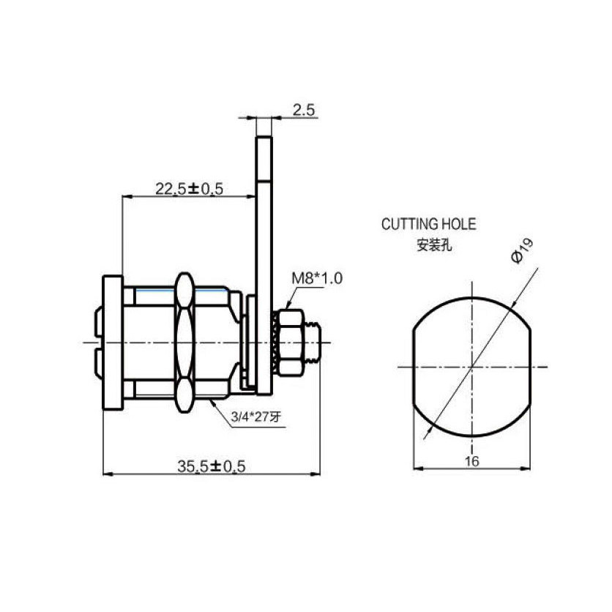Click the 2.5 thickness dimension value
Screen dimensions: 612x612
click(x=304, y=110)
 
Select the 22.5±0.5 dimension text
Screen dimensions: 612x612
click(x=190, y=189)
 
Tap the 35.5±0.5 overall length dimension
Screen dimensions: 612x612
click(x=212, y=466)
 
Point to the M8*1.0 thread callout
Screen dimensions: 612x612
click(x=317, y=279)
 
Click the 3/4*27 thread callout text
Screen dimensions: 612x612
click(x=255, y=417)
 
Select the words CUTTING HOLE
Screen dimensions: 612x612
click(x=428, y=225)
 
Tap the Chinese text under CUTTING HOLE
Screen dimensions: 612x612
click(x=434, y=245)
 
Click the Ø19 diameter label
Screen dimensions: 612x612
click(x=522, y=251)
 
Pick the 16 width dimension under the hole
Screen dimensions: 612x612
click(x=472, y=461)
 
